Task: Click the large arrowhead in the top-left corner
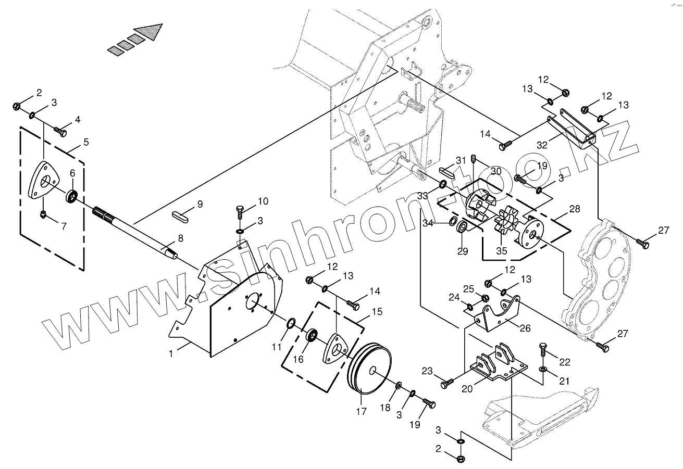coord(148,32)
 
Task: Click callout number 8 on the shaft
coord(180,238)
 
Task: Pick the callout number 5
coord(86,142)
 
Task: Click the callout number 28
coord(575,209)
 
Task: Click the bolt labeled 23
coord(445,384)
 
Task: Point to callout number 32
coord(542,145)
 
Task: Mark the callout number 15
coord(377,312)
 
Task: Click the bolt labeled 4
coord(61,132)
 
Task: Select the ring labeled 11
coord(291,326)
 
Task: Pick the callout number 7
coord(64,226)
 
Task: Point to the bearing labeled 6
coord(72,197)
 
